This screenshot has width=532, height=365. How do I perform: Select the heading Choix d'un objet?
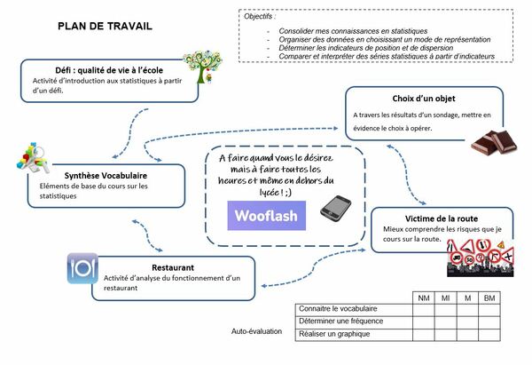point(406,98)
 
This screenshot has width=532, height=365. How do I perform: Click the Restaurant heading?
point(173,266)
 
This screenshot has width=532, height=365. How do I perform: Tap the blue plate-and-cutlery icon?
point(82,268)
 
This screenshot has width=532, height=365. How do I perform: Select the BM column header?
point(489,298)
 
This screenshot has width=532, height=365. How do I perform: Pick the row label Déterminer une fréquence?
point(341,321)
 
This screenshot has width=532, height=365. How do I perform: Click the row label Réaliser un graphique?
point(335,333)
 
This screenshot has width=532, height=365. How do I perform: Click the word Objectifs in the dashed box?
point(261,16)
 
